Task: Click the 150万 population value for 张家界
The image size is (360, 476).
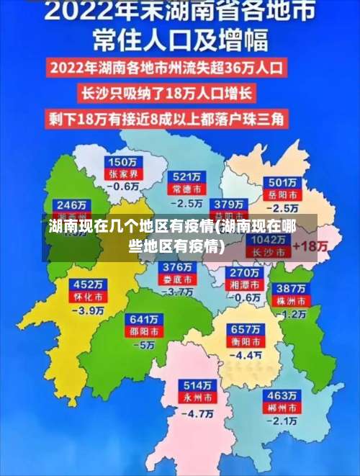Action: tap(122, 162)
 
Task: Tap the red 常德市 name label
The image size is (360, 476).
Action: tap(186, 189)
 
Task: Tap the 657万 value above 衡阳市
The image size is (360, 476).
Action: tap(246, 328)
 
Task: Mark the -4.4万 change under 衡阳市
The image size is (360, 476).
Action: tap(246, 355)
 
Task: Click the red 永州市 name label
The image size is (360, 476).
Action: tap(197, 398)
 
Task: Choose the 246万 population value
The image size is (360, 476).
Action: tap(72, 204)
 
